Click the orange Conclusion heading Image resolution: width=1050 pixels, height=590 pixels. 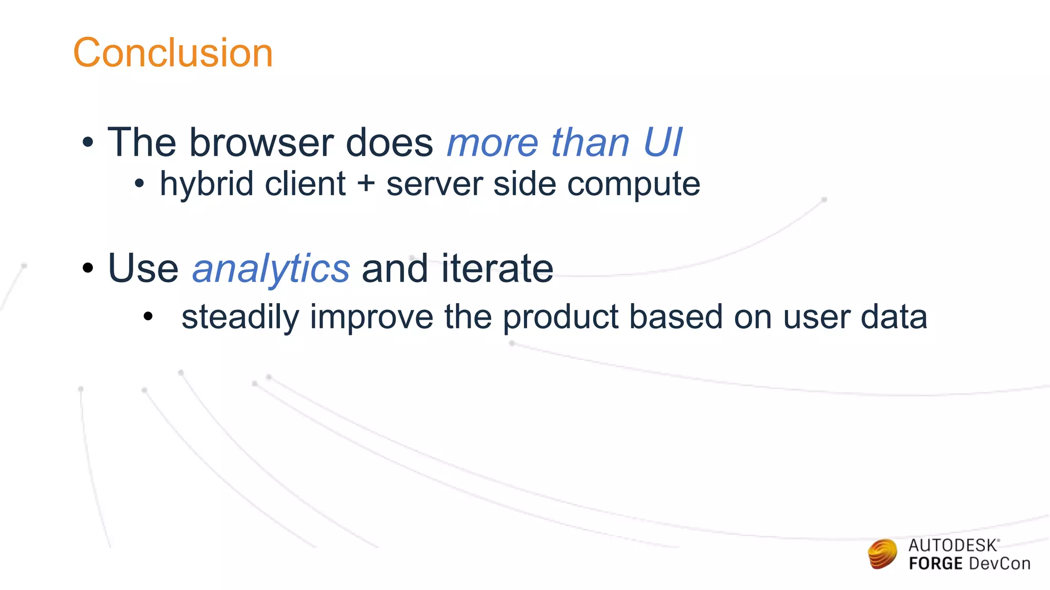(173, 53)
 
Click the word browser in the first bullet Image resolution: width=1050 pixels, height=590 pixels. (261, 142)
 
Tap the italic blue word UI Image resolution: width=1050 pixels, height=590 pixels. (662, 142)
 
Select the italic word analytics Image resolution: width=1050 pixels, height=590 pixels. (271, 269)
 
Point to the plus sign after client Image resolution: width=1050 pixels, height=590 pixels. (366, 184)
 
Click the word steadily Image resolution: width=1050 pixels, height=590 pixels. (240, 318)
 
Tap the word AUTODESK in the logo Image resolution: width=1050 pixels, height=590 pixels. (953, 545)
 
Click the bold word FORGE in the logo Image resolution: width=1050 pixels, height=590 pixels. (935, 564)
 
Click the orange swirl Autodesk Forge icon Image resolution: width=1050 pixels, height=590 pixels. (882, 554)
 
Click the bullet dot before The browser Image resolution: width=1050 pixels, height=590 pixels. (88, 143)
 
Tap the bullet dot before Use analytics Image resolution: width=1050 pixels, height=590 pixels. (88, 268)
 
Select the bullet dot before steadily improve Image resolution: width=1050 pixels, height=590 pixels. (148, 317)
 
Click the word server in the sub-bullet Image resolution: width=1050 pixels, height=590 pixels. (434, 184)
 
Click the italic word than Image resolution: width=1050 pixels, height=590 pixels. (590, 142)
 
